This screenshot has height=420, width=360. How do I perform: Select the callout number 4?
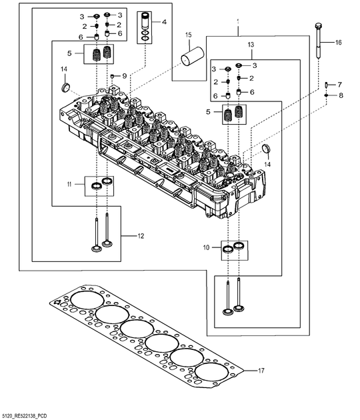[x=165, y=23]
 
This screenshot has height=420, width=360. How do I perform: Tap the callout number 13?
[x=251, y=44]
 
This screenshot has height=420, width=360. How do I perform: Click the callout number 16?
[x=338, y=42]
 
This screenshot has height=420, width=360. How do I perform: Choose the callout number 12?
[x=141, y=235]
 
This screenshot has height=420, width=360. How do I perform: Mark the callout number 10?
[x=206, y=247]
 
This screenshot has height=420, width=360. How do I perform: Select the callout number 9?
[x=123, y=77]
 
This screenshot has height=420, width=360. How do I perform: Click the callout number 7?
[x=339, y=85]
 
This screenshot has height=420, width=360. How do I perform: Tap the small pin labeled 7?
[x=326, y=85]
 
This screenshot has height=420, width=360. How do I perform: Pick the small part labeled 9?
[x=113, y=77]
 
